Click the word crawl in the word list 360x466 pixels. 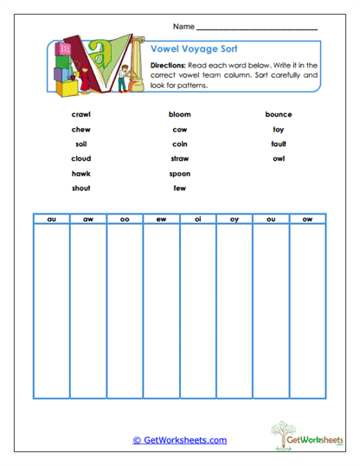[81, 114]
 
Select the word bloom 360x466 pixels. [179, 114]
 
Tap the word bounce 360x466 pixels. [278, 114]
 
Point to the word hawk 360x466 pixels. [81, 173]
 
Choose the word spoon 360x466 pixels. [179, 173]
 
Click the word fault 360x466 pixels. [278, 144]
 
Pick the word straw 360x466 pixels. [179, 158]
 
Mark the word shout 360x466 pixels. [81, 188]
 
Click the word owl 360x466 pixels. [278, 158]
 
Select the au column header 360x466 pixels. [51, 220]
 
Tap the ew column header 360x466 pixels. [161, 220]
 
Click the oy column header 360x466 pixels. [235, 220]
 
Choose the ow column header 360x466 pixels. [307, 220]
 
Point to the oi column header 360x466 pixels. [198, 220]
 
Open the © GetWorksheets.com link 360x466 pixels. [179, 440]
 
